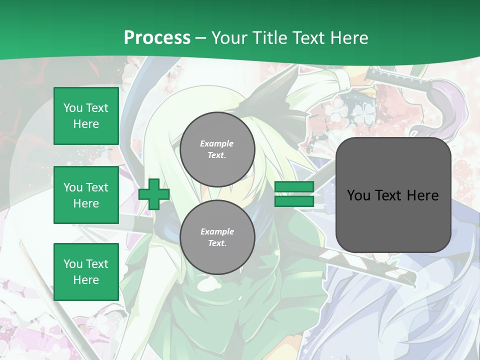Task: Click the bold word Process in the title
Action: pyautogui.click(x=157, y=38)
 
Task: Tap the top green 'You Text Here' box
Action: pyautogui.click(x=86, y=116)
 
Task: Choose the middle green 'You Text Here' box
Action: pyautogui.click(x=86, y=195)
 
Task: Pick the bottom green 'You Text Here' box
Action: pyautogui.click(x=86, y=271)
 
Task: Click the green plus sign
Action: pyautogui.click(x=154, y=194)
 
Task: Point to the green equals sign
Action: pyautogui.click(x=294, y=194)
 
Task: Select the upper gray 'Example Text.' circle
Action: pyautogui.click(x=217, y=149)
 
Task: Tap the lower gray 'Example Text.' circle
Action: pyautogui.click(x=217, y=237)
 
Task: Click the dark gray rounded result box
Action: pyautogui.click(x=393, y=195)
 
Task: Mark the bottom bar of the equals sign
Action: pyautogui.click(x=294, y=201)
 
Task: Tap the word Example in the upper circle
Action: pyautogui.click(x=217, y=143)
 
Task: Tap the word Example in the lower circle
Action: pyautogui.click(x=217, y=231)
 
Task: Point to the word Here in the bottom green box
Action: pyautogui.click(x=86, y=280)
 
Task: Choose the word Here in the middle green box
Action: pyautogui.click(x=86, y=203)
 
